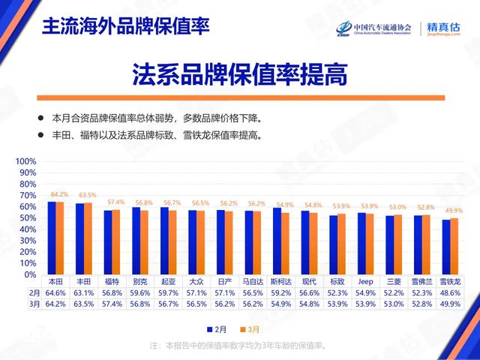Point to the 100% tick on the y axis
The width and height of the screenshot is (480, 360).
[25, 161]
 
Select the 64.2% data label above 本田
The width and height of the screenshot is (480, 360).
[59, 194]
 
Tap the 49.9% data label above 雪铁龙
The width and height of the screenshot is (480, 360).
[454, 211]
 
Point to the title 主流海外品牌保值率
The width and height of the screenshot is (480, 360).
[125, 25]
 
